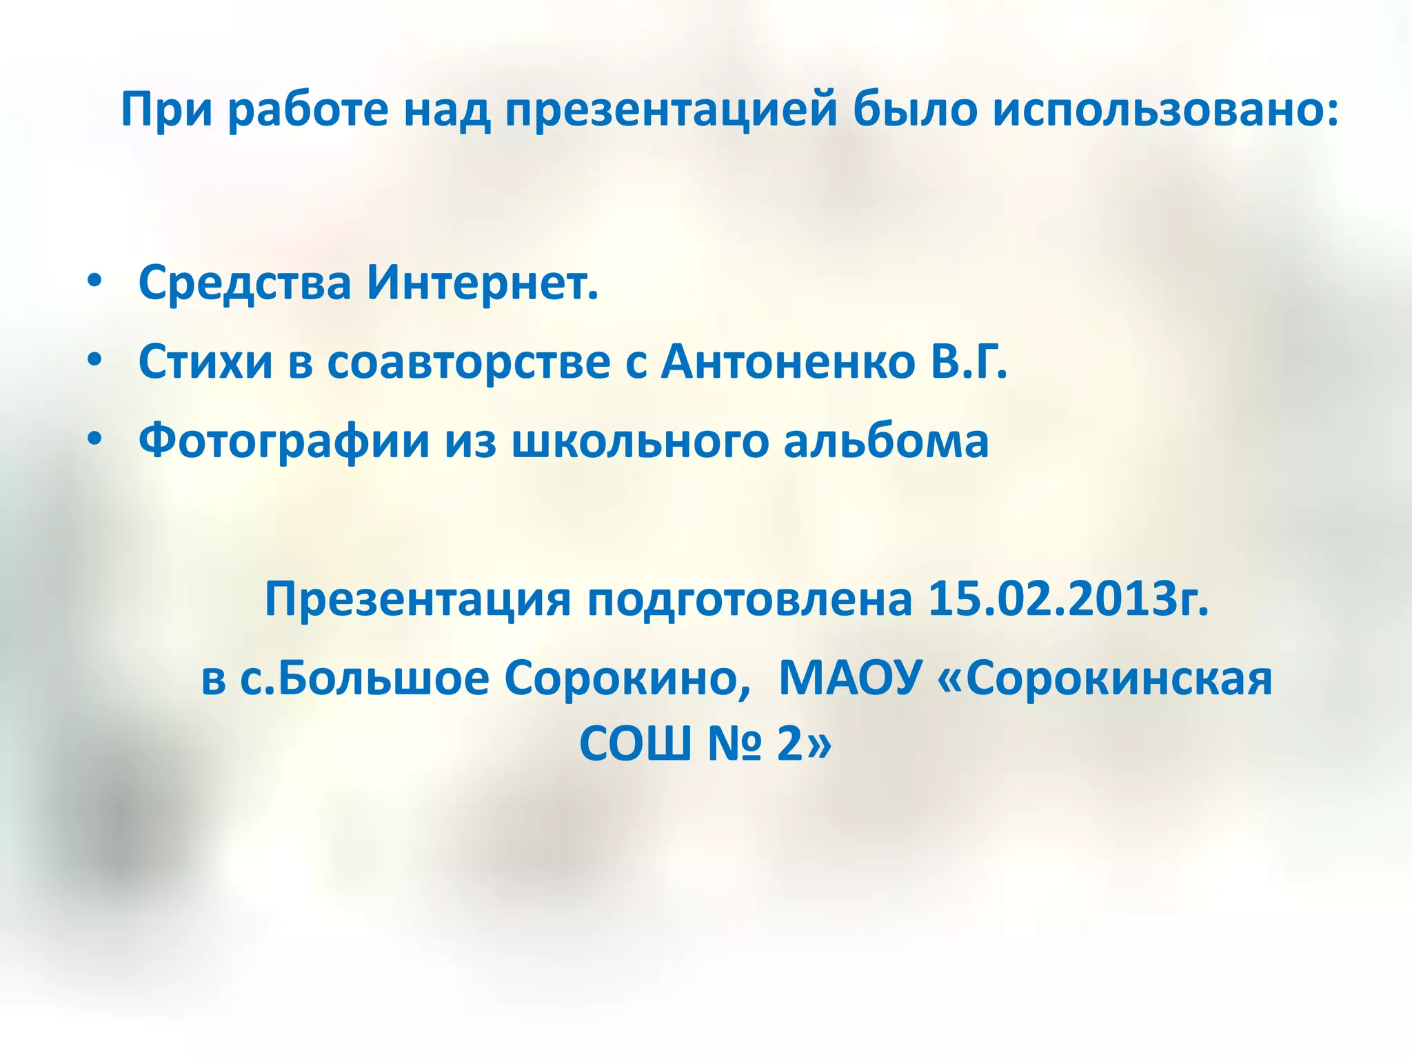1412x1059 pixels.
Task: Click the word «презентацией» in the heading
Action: point(670,110)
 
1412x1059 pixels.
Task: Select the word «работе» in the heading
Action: point(308,110)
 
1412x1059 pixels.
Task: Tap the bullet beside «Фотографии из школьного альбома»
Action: point(94,440)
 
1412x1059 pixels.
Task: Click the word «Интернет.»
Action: point(482,283)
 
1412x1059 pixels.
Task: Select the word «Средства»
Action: point(245,283)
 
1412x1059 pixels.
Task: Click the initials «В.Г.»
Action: point(969,362)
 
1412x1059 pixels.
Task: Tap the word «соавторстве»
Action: point(468,362)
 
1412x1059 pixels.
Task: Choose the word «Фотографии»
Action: point(283,441)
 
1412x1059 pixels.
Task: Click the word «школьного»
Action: point(639,441)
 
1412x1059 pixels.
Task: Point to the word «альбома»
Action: point(886,441)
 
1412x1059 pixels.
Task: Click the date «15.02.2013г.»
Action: point(1068,598)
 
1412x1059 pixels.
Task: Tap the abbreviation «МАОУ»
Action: point(850,678)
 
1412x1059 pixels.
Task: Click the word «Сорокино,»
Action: point(627,678)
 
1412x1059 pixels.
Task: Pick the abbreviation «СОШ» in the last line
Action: point(635,744)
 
